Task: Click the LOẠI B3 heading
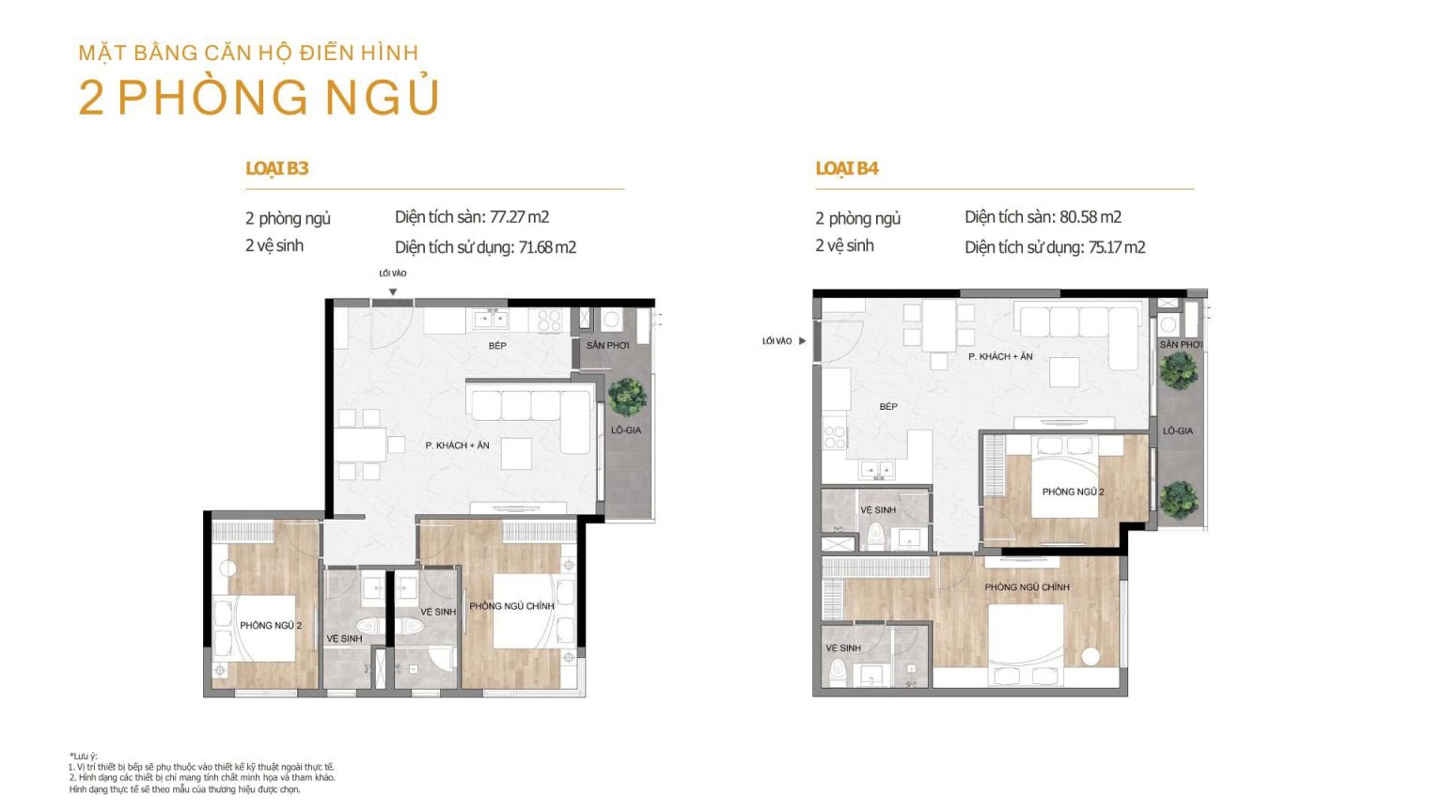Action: point(276,168)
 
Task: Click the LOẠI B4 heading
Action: point(846,168)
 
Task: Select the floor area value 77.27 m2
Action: point(520,217)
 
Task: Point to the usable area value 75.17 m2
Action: point(1117,247)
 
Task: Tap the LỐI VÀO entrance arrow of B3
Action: point(393,292)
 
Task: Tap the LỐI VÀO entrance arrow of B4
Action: point(803,341)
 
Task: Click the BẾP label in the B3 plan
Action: point(497,346)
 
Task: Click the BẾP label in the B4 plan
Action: point(888,407)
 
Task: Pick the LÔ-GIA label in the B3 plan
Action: point(626,429)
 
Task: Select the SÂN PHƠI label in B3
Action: point(607,346)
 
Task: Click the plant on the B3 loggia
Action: point(627,397)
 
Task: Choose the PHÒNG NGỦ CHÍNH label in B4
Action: point(1027,587)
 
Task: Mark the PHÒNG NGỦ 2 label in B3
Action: point(271,625)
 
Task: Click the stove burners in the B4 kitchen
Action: point(834,438)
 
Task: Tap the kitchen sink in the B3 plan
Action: point(491,319)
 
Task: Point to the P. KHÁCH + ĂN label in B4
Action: point(1000,356)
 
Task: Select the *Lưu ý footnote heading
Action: point(83,756)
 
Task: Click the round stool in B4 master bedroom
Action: point(1091,657)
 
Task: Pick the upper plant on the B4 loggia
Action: point(1178,370)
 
